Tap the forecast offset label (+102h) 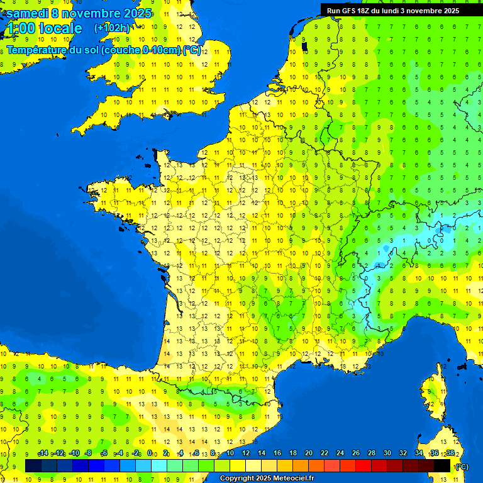click(x=112, y=28)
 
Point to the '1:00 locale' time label click(x=43, y=28)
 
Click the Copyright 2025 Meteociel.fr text click(x=267, y=479)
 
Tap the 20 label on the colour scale click(x=309, y=453)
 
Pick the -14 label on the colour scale click(x=43, y=453)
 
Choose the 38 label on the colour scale click(x=450, y=453)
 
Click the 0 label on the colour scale click(x=150, y=453)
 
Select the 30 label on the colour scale click(x=387, y=453)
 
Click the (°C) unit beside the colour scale click(x=462, y=466)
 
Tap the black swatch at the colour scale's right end click(x=442, y=465)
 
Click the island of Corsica click(x=433, y=393)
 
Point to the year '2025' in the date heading click(x=136, y=13)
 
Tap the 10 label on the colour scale click(x=230, y=453)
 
